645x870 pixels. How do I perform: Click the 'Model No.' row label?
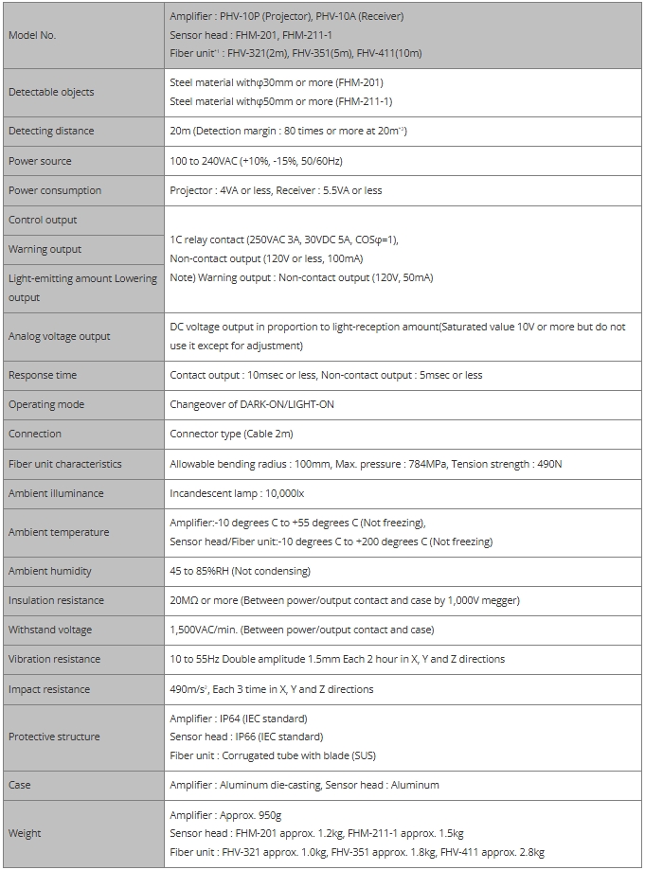(32, 35)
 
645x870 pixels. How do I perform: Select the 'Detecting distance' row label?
(51, 132)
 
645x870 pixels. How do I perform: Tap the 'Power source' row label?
(40, 161)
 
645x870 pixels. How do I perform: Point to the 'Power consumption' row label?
(55, 190)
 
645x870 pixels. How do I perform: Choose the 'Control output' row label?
(43, 220)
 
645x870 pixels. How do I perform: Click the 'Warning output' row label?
(45, 249)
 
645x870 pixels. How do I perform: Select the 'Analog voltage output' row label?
(60, 336)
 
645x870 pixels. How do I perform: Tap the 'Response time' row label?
(43, 375)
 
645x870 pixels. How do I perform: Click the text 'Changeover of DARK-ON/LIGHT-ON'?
(251, 404)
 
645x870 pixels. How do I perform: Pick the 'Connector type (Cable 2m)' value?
(231, 434)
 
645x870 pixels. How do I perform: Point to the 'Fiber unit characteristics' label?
(65, 464)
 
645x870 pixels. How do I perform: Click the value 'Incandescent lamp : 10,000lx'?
(237, 493)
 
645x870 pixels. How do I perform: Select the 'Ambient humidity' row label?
(50, 571)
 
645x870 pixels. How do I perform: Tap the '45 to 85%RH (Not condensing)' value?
(240, 571)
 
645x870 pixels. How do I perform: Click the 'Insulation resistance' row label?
(56, 600)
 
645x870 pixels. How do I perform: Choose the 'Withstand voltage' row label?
(51, 630)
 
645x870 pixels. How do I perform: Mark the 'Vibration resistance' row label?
(55, 659)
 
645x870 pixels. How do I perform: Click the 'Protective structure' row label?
(54, 737)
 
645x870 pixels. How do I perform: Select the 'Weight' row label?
(25, 833)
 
